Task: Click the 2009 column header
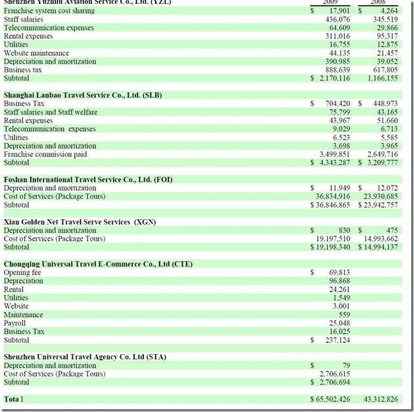331,3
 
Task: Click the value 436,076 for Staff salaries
333,20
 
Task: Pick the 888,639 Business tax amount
333,70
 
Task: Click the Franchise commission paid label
45,155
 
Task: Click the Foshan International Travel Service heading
88,180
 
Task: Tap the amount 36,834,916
331,196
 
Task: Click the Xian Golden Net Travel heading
80,222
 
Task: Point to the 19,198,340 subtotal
331,247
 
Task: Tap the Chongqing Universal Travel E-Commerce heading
98,264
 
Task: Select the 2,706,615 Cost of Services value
333,374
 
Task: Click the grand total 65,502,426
331,399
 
